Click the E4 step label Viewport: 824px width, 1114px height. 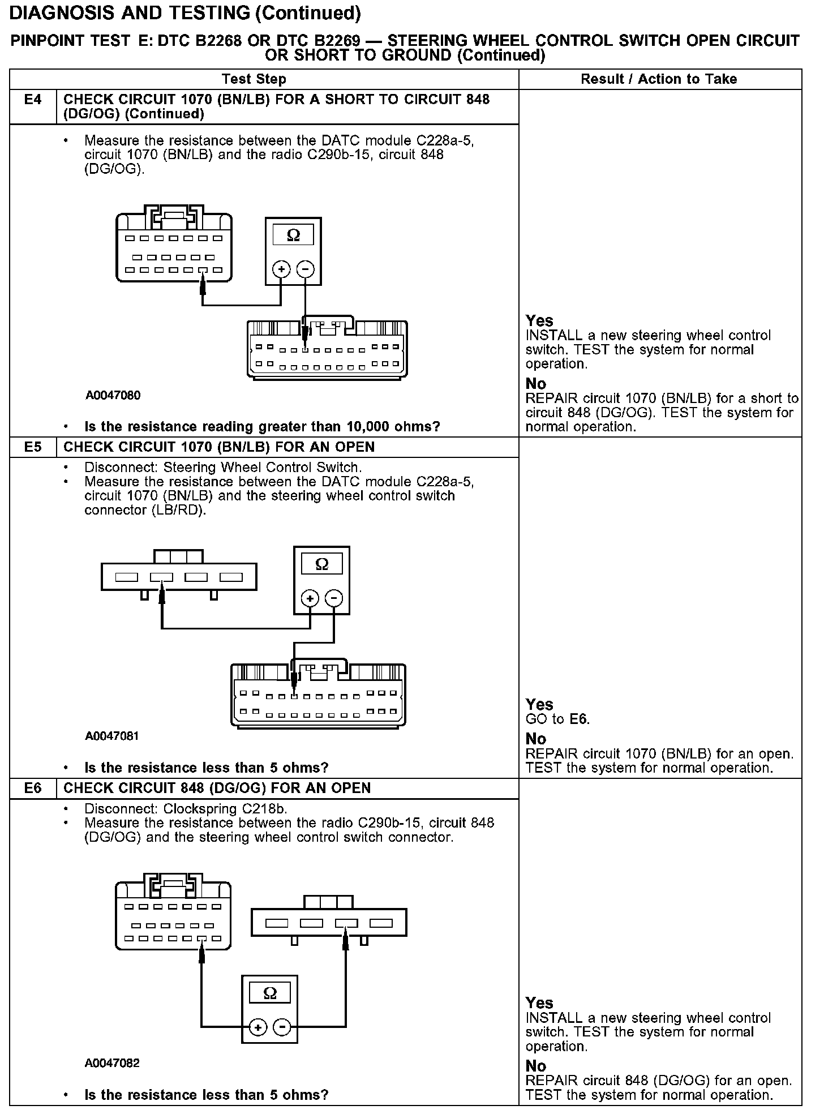pyautogui.click(x=33, y=100)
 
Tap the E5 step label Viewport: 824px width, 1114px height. pyautogui.click(x=33, y=447)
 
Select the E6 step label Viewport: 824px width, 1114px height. pyautogui.click(x=33, y=788)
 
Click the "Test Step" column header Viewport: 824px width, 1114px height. pyautogui.click(x=254, y=79)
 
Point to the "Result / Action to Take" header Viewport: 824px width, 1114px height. pyautogui.click(x=659, y=79)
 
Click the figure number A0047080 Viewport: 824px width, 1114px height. pyautogui.click(x=113, y=395)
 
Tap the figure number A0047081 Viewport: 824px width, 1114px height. pyautogui.click(x=112, y=736)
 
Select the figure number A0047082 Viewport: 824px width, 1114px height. pyautogui.click(x=112, y=1062)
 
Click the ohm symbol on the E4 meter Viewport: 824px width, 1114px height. pyautogui.click(x=293, y=235)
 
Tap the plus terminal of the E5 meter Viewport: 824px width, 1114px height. pyautogui.click(x=310, y=598)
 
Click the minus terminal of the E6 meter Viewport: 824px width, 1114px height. pyautogui.click(x=282, y=1027)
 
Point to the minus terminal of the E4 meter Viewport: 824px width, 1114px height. pyautogui.click(x=306, y=269)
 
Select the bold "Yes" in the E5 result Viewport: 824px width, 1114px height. pyautogui.click(x=539, y=705)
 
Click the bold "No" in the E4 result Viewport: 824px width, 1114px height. pyautogui.click(x=536, y=384)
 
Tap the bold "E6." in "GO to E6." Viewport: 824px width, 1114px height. pyautogui.click(x=580, y=719)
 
